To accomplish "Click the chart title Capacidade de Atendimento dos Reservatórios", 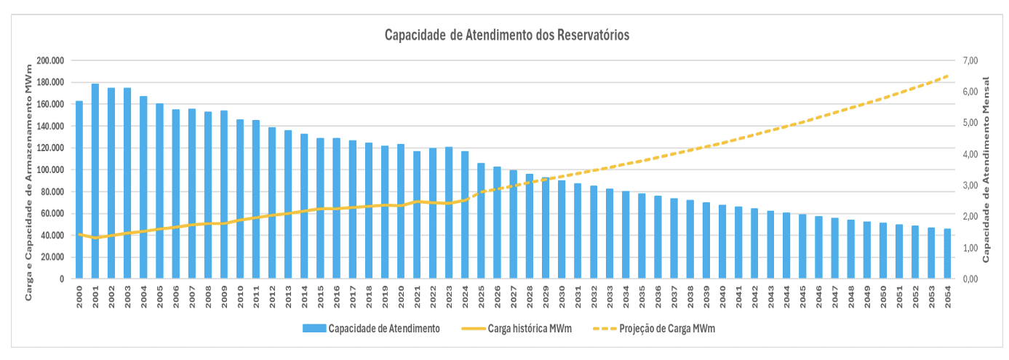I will click(507, 35).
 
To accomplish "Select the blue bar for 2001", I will click(95, 181).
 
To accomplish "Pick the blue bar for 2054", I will click(947, 254).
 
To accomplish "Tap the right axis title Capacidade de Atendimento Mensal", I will click(987, 170).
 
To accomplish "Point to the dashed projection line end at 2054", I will click(947, 76).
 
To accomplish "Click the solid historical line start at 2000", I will click(79, 234).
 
